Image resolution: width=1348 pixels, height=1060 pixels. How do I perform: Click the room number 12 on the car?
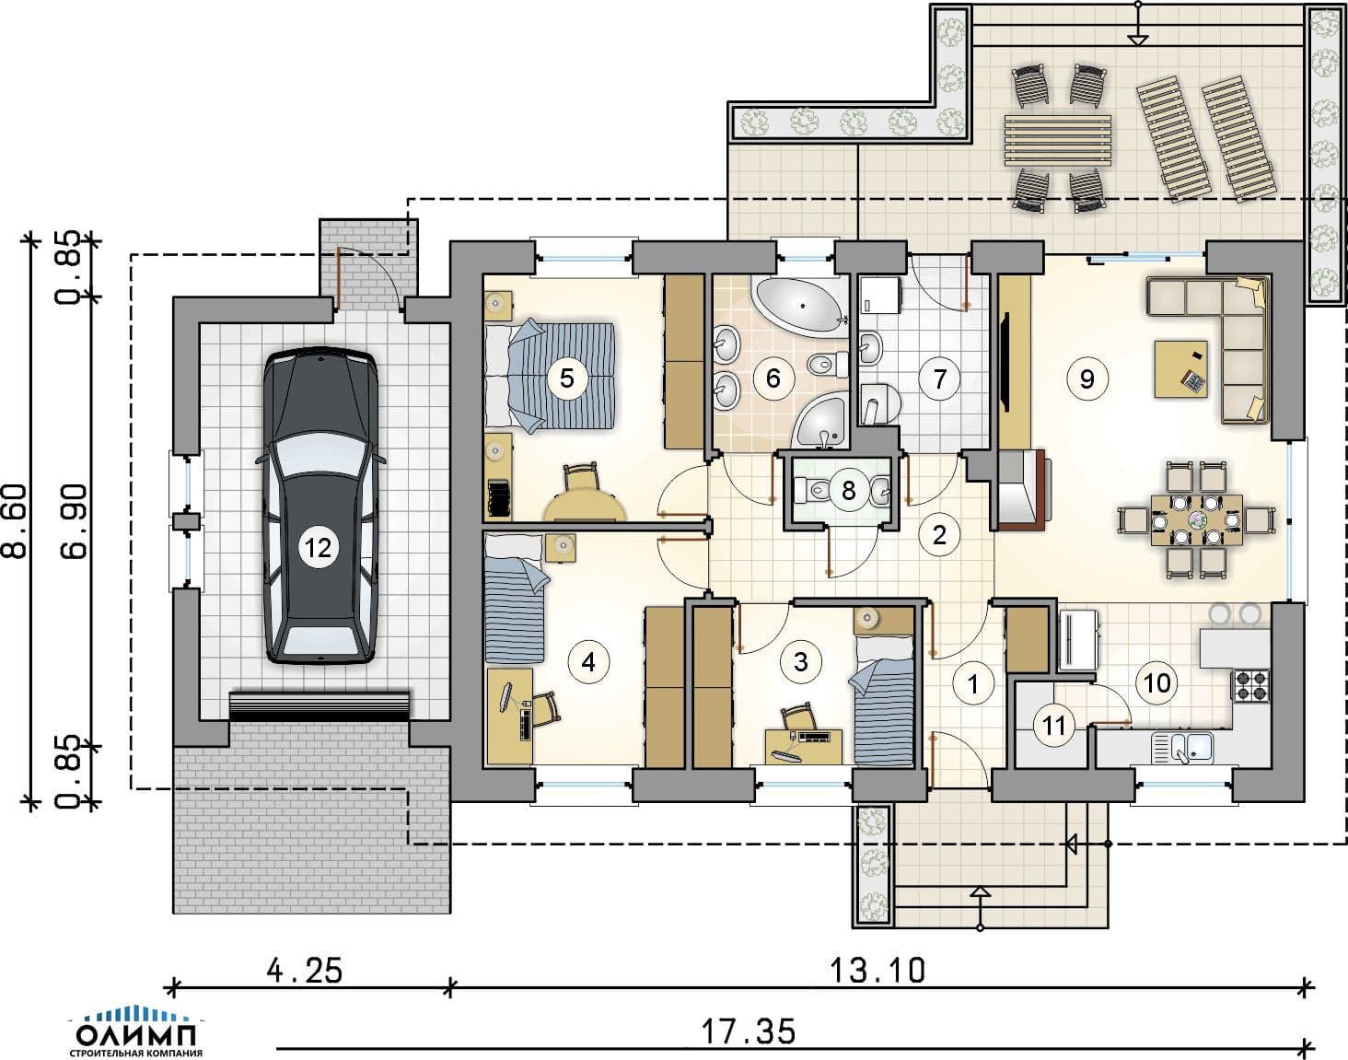[x=318, y=548]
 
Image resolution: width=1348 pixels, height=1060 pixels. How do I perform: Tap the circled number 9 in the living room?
[x=1087, y=379]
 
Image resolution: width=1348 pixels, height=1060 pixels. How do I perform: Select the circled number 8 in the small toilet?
[x=848, y=490]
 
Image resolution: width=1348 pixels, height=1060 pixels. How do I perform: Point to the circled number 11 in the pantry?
[x=1054, y=726]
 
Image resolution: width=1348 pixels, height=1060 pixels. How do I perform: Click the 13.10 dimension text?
[x=877, y=971]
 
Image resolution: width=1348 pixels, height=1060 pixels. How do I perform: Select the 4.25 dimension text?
[x=305, y=971]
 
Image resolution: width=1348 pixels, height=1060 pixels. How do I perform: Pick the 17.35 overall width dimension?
[x=748, y=1031]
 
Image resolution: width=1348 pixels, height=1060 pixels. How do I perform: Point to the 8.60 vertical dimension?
[x=15, y=520]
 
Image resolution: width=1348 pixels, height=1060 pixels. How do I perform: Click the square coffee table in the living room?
[x=1181, y=368]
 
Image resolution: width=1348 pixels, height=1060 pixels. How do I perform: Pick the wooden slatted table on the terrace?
[x=1057, y=139]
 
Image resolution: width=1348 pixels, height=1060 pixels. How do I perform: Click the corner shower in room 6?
[x=821, y=420]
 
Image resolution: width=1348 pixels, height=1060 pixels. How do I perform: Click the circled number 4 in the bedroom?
[x=588, y=661]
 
